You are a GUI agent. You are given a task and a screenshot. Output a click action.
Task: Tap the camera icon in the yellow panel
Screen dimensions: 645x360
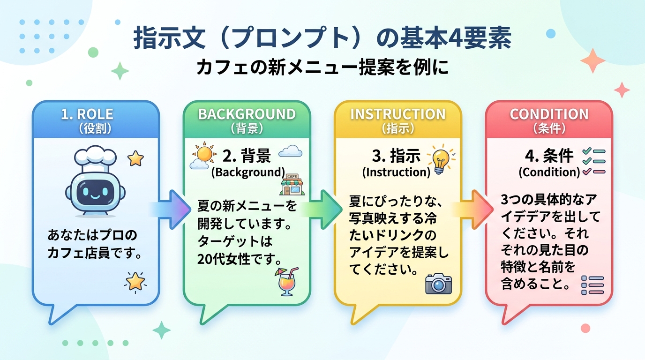click(x=438, y=284)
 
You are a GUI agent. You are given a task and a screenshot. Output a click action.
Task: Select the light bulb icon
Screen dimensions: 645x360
click(x=441, y=159)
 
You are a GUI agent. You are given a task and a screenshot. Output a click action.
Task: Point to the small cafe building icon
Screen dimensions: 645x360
click(x=292, y=184)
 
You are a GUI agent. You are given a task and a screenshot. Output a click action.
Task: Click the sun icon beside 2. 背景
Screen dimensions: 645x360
click(x=204, y=153)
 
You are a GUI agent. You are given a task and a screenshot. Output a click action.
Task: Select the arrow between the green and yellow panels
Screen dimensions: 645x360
click(x=322, y=210)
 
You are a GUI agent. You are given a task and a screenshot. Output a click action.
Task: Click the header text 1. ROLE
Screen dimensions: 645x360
click(x=87, y=114)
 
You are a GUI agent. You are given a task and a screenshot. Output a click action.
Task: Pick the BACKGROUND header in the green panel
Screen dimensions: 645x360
click(x=247, y=114)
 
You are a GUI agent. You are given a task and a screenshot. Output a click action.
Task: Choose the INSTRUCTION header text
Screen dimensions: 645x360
click(x=397, y=114)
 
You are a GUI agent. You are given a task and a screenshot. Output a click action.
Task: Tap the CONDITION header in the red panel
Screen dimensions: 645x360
click(x=549, y=114)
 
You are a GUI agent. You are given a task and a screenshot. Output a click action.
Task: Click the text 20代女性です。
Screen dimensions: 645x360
click(x=240, y=259)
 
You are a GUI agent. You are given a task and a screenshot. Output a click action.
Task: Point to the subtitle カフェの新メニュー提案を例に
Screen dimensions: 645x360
click(x=322, y=67)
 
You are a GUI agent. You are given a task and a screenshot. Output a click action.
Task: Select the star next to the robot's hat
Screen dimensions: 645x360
click(x=135, y=159)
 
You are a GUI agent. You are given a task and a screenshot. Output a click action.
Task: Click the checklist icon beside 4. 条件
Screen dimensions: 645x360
click(x=594, y=162)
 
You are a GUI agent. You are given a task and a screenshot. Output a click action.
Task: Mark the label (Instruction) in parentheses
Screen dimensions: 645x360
click(x=396, y=172)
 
